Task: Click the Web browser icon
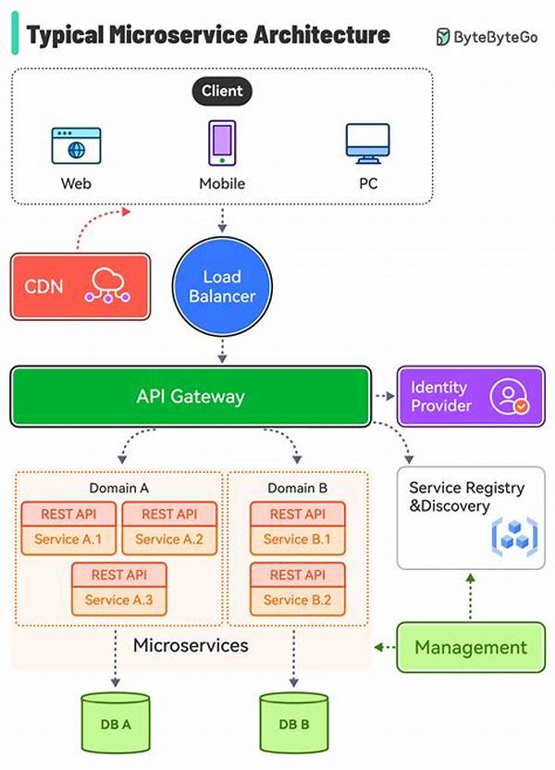76,146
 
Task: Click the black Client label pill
222,91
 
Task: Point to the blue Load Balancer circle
222,288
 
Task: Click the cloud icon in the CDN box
108,286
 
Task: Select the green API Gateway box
191,397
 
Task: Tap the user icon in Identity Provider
509,397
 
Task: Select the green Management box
470,647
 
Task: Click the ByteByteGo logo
489,37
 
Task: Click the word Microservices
191,645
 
